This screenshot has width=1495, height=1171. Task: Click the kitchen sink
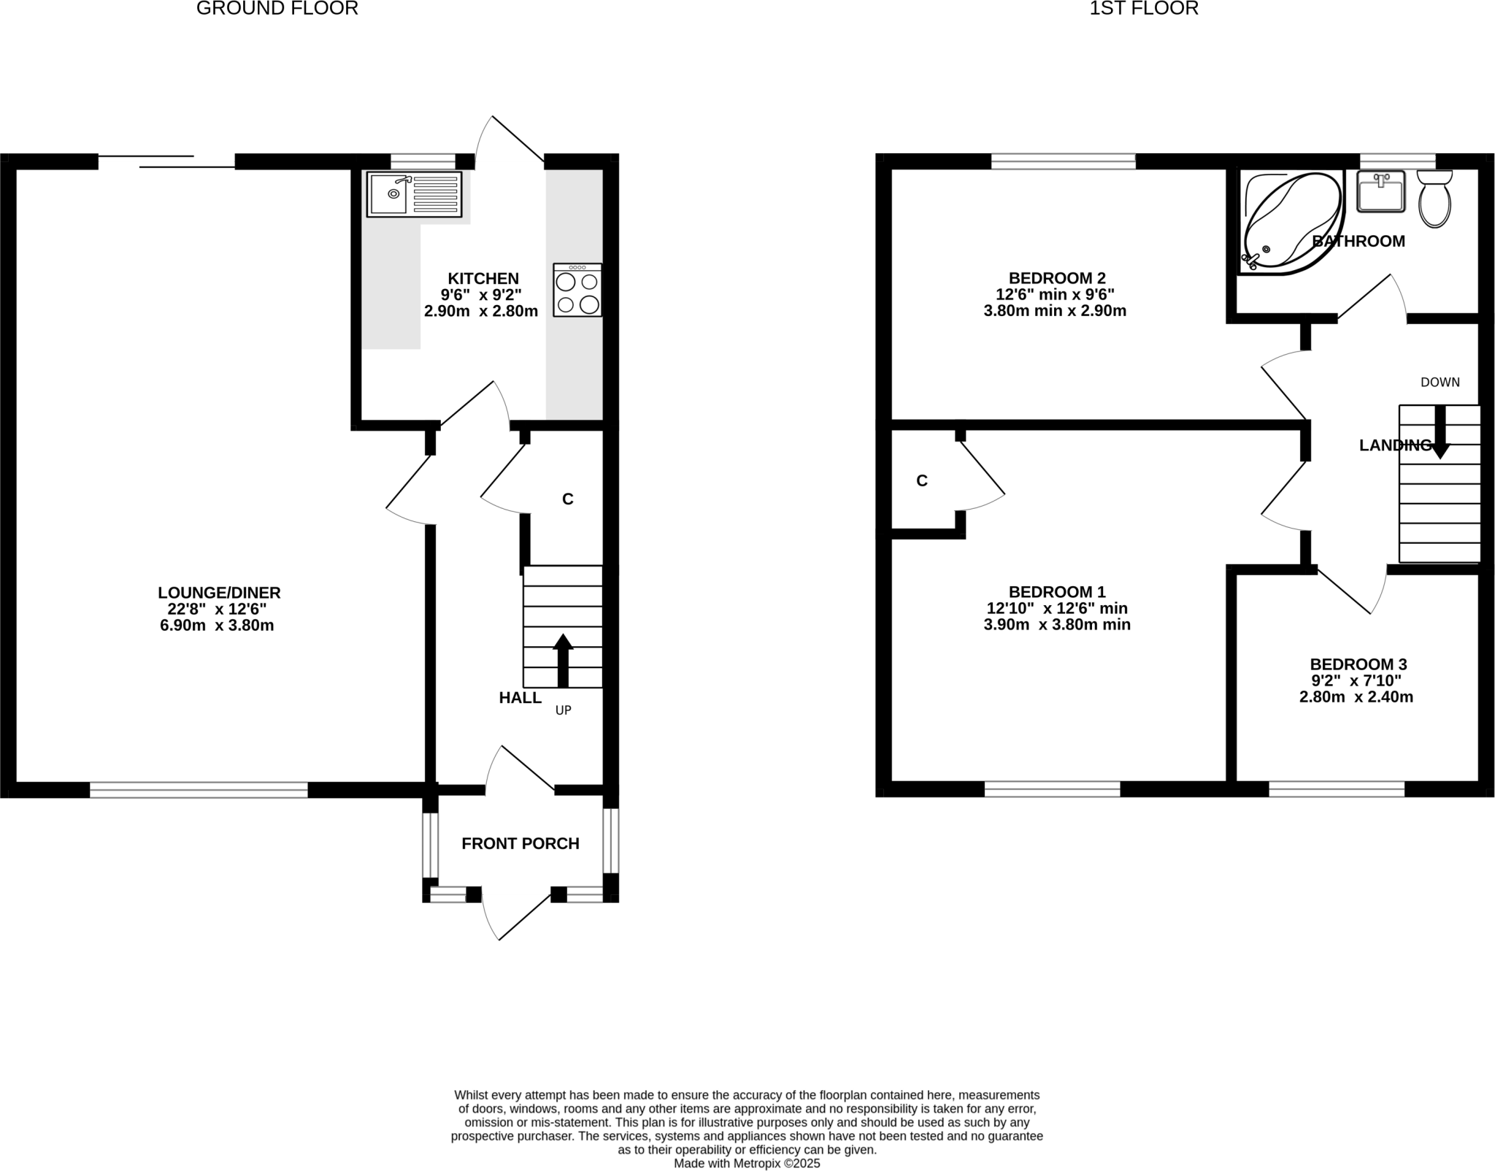(414, 194)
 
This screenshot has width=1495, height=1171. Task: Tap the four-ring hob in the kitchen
(577, 290)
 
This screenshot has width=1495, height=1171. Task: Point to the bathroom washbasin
(1380, 191)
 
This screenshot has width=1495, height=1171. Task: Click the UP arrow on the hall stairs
(562, 660)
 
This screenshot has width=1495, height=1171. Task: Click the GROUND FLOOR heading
(277, 9)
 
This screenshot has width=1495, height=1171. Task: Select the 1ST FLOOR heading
(1144, 9)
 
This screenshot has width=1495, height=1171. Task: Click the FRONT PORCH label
(520, 843)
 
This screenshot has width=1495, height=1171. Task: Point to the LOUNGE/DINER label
(219, 593)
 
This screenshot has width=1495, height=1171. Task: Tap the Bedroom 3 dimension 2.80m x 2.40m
(1356, 696)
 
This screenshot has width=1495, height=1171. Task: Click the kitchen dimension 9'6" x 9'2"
(481, 295)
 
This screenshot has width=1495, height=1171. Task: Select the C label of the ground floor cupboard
(567, 499)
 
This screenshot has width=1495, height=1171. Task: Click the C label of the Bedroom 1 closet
(922, 480)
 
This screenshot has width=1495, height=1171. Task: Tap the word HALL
(520, 697)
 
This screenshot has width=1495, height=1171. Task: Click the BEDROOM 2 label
(1056, 278)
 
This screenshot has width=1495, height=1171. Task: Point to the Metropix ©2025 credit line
(746, 1163)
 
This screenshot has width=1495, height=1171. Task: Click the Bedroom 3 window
(1336, 788)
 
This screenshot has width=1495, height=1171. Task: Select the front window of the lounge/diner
(199, 789)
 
